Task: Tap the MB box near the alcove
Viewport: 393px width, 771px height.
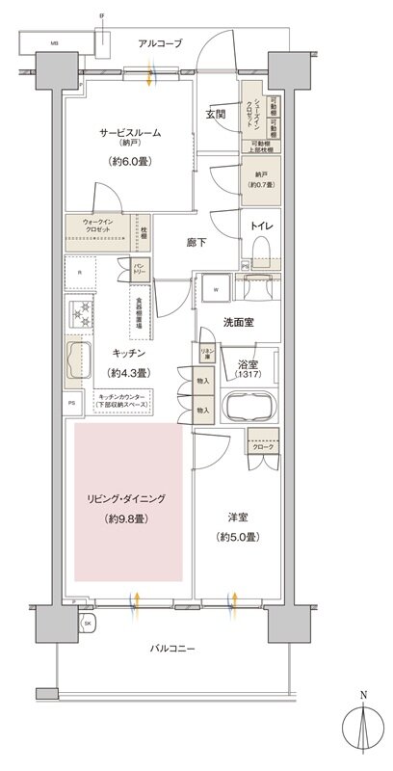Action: click(55, 43)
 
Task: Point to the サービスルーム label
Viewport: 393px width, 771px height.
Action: click(127, 132)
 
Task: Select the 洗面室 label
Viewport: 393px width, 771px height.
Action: click(235, 322)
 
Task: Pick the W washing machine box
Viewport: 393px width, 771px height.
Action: click(215, 289)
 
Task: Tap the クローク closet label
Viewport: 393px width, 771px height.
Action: click(262, 447)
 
